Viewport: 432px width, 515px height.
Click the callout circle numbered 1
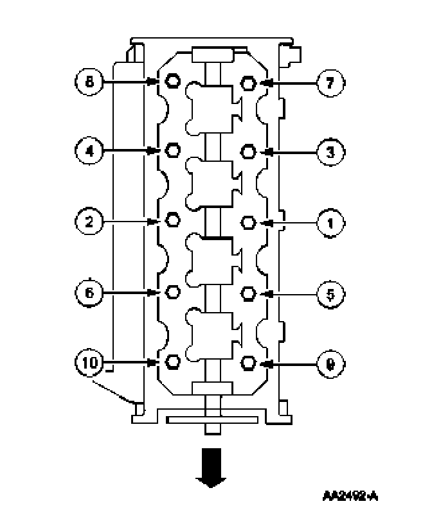(330, 222)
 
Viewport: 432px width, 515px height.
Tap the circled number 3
(330, 152)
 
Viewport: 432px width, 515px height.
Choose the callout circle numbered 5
(330, 293)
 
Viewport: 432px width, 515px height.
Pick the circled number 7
(330, 82)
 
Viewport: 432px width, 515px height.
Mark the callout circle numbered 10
(89, 363)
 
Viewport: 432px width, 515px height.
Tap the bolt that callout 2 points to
(172, 222)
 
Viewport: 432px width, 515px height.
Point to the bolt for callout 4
(172, 151)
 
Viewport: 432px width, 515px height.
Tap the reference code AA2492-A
(351, 496)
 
